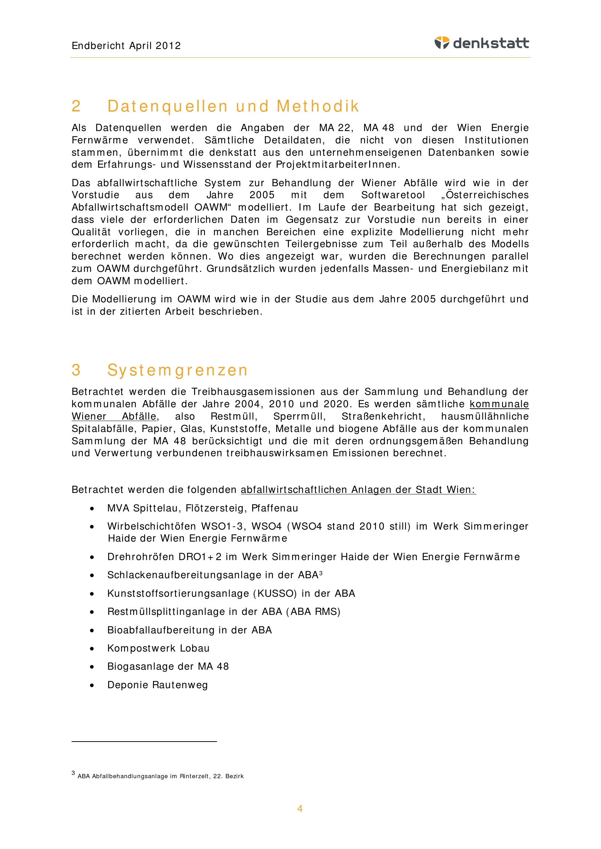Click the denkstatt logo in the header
pos(481,43)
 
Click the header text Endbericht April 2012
pos(126,45)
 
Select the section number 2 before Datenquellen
pos(76,106)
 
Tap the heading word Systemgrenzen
pos(177,370)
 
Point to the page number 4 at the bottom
pos(300,809)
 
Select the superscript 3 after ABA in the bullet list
pos(320,573)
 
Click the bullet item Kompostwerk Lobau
pos(158,648)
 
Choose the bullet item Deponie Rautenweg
pos(158,685)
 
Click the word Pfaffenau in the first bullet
pos(275,508)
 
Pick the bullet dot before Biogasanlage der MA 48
pos(92,667)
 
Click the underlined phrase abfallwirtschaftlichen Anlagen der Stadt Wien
pos(358,490)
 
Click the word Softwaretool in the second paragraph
pos(393,195)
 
